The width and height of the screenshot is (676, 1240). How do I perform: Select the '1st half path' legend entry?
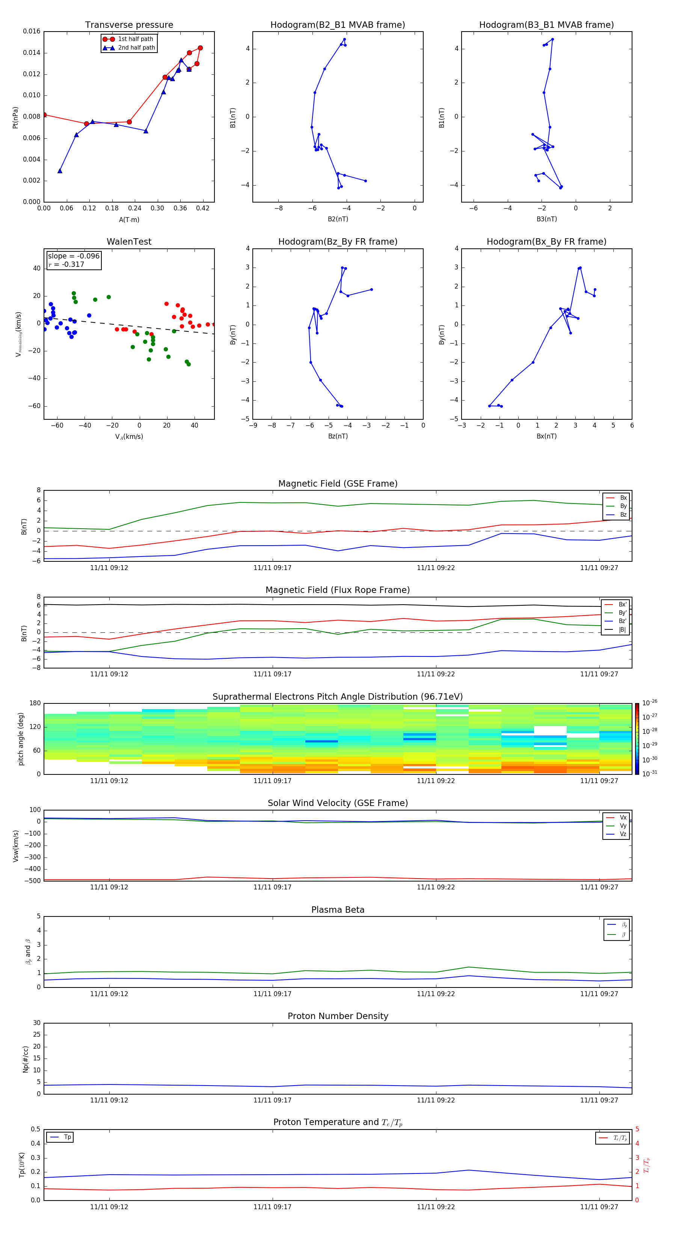[x=135, y=39]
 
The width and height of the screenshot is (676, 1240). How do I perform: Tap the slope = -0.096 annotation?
[x=74, y=256]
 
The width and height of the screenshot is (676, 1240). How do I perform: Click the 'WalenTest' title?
[x=129, y=242]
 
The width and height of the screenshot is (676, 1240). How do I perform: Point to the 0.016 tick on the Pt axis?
[x=32, y=31]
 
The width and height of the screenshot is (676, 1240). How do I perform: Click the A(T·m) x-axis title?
[x=129, y=219]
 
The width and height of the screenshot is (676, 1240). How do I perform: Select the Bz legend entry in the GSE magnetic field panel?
[x=623, y=514]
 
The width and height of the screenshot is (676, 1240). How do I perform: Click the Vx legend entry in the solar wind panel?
[x=623, y=817]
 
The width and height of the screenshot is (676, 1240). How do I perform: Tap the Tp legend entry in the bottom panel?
[x=67, y=1137]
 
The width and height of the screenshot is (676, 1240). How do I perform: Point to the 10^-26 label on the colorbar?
[x=650, y=703]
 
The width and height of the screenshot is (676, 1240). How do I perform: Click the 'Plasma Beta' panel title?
[x=338, y=910]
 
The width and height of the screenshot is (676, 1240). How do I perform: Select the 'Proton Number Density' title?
[x=338, y=1016]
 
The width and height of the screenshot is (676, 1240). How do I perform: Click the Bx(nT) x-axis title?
[x=546, y=436]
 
